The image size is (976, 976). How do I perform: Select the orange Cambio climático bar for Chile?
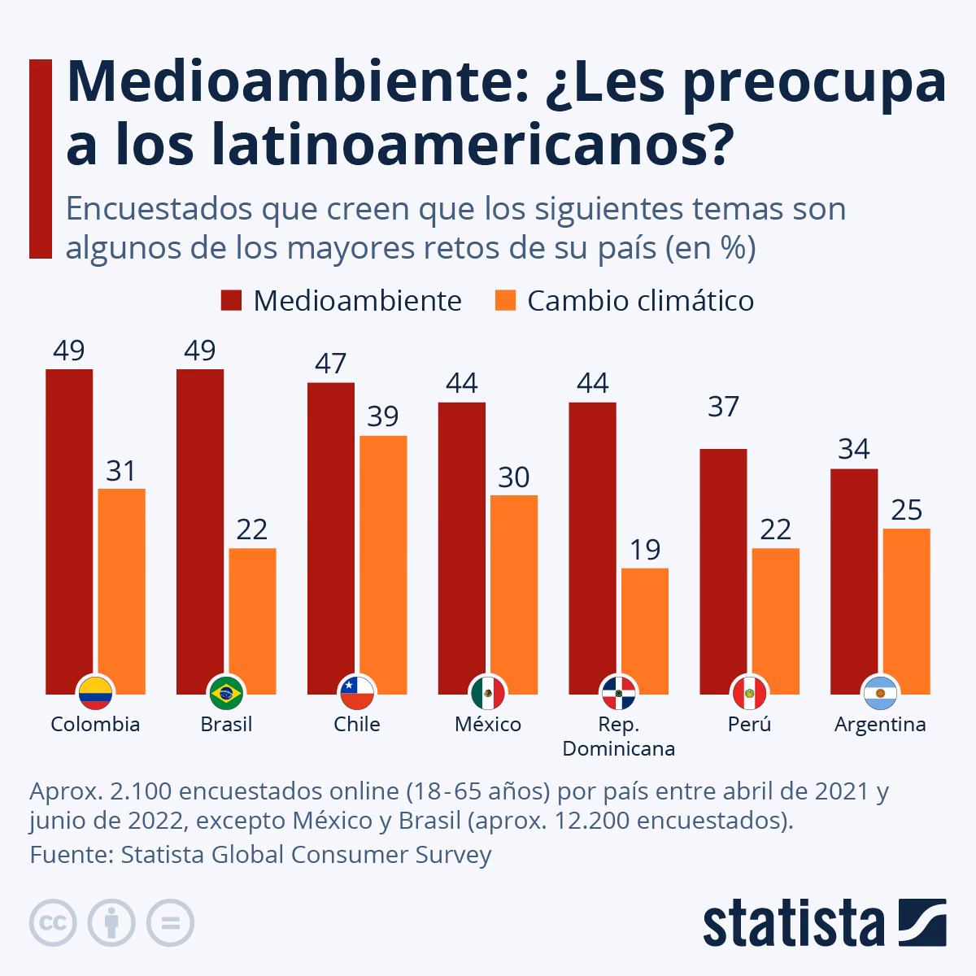tap(383, 561)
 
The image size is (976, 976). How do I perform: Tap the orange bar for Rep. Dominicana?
tap(645, 626)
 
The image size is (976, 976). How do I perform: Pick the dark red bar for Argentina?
tap(854, 577)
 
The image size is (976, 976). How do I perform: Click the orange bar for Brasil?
tap(252, 618)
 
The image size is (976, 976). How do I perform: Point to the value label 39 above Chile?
tap(383, 416)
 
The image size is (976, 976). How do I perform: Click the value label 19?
tap(645, 550)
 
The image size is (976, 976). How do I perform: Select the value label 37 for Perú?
tap(723, 407)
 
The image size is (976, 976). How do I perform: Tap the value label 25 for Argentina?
tap(906, 510)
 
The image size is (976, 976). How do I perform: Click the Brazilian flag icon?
tap(226, 693)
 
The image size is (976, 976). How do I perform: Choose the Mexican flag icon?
tap(488, 693)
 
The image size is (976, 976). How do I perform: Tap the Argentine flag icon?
tap(879, 693)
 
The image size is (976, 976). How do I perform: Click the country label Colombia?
tap(95, 725)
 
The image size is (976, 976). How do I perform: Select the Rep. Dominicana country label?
tap(619, 737)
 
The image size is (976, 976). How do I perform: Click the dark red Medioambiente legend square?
tap(232, 301)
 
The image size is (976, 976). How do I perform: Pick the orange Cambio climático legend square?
tap(505, 301)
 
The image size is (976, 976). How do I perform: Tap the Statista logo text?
tap(793, 923)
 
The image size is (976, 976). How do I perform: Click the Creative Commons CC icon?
tap(53, 923)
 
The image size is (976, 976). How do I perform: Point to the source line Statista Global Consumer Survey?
tap(260, 855)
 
